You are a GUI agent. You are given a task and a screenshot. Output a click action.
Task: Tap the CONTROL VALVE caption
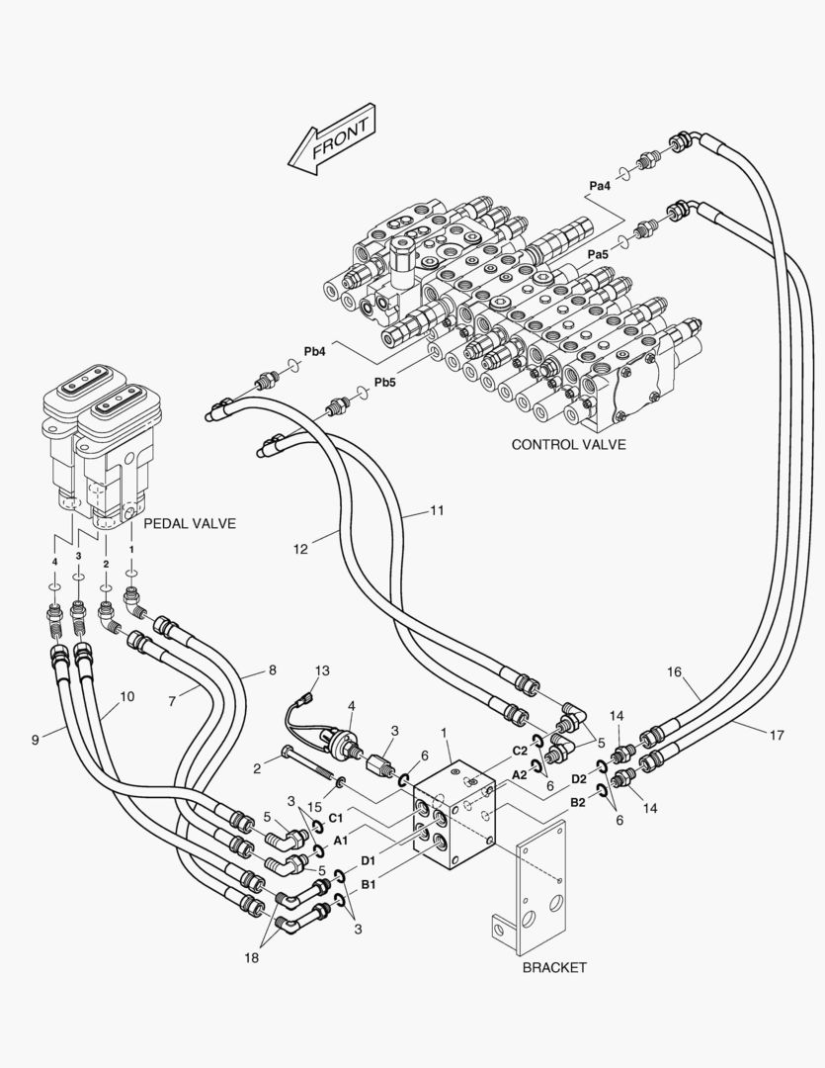pos(568,445)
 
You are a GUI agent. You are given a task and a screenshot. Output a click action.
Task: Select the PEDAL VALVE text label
pos(190,523)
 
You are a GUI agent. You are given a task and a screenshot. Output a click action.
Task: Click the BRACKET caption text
pos(554,967)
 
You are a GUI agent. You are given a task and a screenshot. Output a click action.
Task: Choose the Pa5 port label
pos(598,254)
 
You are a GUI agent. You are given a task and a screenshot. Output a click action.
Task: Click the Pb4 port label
pos(315,351)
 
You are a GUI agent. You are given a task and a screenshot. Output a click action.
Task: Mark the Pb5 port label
pos(384,383)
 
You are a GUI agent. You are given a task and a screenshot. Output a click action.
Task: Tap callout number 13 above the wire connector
pos(322,670)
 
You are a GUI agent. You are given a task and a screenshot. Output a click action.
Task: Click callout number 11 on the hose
pos(437,511)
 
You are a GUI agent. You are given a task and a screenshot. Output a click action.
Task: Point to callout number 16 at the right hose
pos(674,672)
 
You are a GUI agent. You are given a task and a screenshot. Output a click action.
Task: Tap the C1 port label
pos(336,818)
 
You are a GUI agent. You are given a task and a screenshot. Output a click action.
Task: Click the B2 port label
pos(577,804)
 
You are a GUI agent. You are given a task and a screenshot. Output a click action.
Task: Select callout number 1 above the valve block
pos(445,733)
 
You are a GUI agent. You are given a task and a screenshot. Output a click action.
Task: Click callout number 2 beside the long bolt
pos(255,767)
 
